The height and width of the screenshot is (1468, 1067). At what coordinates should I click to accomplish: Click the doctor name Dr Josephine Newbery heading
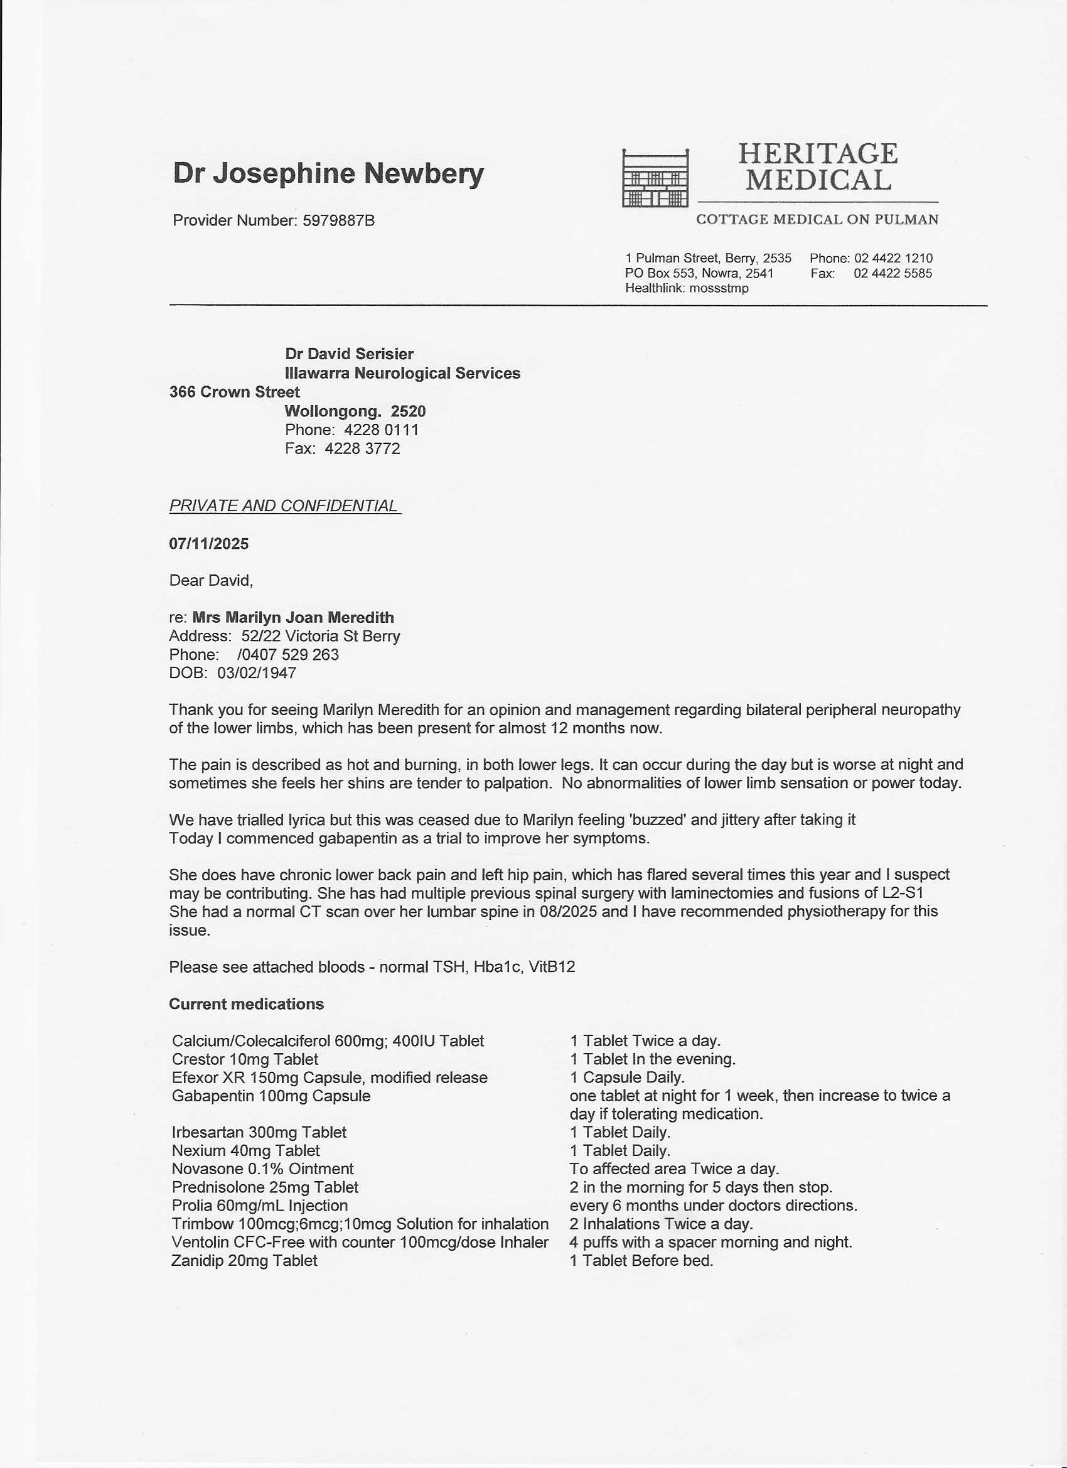pos(328,173)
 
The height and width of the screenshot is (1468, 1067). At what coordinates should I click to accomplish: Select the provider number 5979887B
pos(338,221)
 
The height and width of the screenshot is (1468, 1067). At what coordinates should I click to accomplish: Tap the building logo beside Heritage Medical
pos(655,178)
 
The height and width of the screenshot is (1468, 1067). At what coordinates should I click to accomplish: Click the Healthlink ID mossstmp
pos(718,288)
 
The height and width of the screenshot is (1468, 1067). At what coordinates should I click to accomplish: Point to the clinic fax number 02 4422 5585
pos(893,273)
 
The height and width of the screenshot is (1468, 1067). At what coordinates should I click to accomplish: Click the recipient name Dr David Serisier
pos(349,354)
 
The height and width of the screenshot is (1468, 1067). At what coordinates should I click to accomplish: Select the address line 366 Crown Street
pos(234,392)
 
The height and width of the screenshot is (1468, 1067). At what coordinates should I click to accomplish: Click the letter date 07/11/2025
pos(208,544)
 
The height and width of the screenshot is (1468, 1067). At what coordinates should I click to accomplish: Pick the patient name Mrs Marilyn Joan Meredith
pos(293,617)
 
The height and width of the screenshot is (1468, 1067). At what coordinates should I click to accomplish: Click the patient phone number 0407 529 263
pos(289,654)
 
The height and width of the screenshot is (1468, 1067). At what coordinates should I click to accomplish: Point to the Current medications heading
pos(246,1004)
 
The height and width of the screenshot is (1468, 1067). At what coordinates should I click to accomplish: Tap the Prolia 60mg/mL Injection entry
pos(259,1205)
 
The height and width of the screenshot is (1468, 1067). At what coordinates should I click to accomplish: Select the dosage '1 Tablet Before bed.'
pos(641,1260)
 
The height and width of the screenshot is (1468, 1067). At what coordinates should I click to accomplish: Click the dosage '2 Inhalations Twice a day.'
pos(661,1224)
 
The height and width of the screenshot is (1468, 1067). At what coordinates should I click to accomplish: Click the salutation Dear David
pos(211,580)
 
